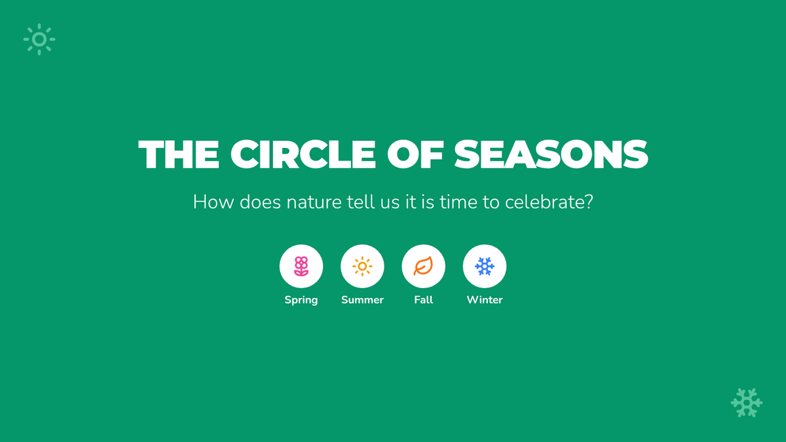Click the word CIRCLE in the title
[x=303, y=155]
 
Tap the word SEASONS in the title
[x=551, y=155]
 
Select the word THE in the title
[x=179, y=155]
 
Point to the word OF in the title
[x=415, y=155]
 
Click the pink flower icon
[x=301, y=267]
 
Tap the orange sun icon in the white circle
[x=362, y=267]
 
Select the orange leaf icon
[x=423, y=267]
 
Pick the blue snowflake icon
[x=485, y=267]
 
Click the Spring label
[x=301, y=301]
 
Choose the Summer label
[x=362, y=300]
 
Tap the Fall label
[x=423, y=300]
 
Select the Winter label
[x=485, y=300]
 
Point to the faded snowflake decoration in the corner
[x=747, y=403]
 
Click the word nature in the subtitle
[x=314, y=202]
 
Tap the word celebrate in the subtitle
[x=544, y=202]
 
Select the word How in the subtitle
[x=214, y=202]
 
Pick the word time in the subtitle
[x=458, y=202]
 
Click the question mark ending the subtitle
[x=589, y=202]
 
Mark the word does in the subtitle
[x=260, y=202]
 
